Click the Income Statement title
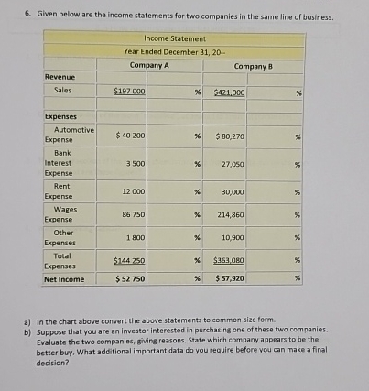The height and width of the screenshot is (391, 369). (175, 38)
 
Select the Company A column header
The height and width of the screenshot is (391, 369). (148, 66)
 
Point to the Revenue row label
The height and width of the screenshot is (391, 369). (60, 78)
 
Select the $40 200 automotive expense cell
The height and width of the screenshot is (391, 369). (131, 136)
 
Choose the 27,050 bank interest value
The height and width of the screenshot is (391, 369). (232, 164)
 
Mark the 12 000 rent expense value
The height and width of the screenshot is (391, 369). (134, 192)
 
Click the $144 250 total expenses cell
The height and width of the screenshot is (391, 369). (131, 261)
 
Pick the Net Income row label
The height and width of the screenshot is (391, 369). (64, 277)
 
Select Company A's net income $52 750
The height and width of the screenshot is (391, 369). (131, 277)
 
